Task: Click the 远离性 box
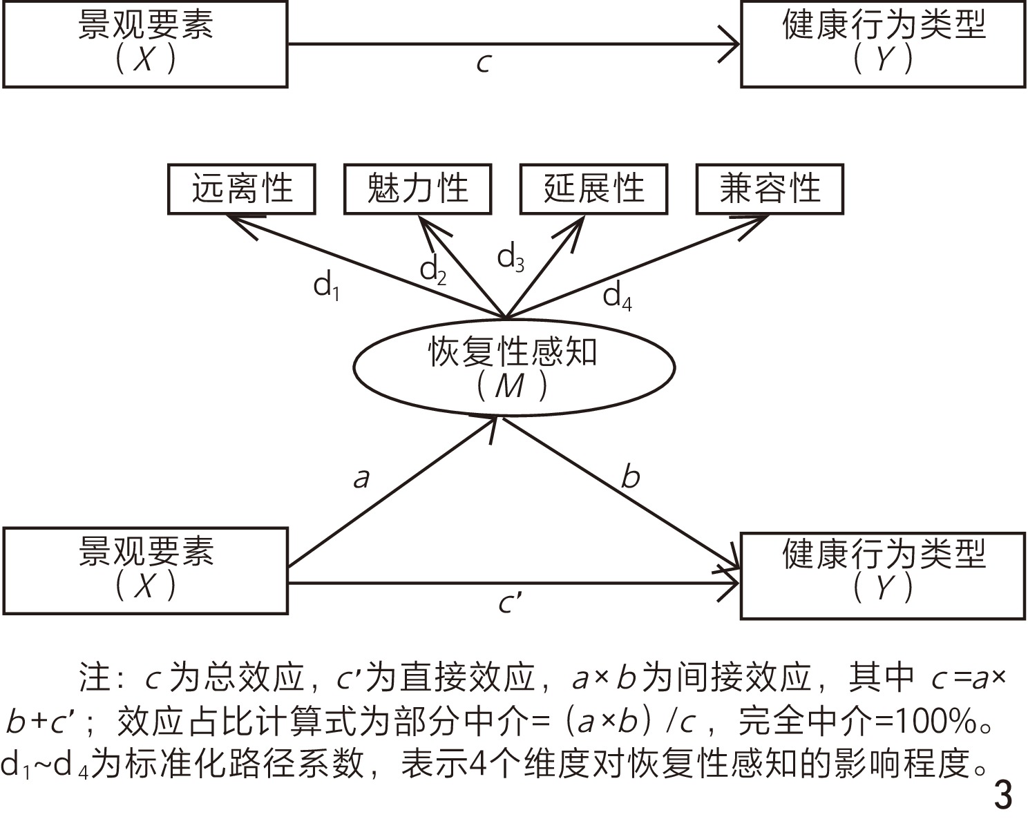point(242,189)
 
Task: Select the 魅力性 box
point(417,189)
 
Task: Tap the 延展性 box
point(593,189)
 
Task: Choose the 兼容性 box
point(770,189)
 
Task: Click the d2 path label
point(433,270)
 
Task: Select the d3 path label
point(511,258)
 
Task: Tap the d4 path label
point(617,296)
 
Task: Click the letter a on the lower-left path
point(361,477)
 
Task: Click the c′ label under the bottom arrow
point(510,603)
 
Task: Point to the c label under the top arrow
point(484,63)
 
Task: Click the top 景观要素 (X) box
point(145,44)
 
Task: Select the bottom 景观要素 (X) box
point(145,570)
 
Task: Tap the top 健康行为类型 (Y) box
point(882,44)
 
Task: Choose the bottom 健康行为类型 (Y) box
point(882,575)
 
